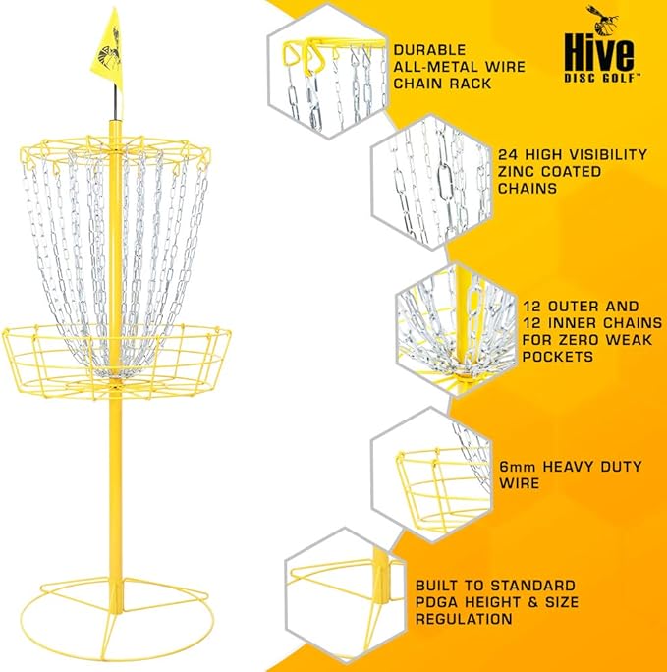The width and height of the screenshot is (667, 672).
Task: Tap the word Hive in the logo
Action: (x=599, y=52)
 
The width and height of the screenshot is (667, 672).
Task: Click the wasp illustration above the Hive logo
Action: (x=603, y=21)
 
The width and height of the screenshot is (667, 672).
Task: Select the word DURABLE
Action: (x=429, y=50)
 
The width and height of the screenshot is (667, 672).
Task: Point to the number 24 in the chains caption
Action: (x=508, y=154)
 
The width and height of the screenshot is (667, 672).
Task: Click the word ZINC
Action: (x=516, y=171)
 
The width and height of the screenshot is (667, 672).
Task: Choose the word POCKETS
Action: (x=558, y=357)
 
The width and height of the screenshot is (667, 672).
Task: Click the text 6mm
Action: (x=518, y=467)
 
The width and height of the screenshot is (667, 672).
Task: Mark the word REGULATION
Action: (x=464, y=619)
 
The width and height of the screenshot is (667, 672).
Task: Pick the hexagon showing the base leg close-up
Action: (x=345, y=599)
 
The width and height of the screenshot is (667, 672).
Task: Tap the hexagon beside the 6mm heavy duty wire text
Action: (x=431, y=475)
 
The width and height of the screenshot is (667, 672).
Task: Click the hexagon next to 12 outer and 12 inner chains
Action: (x=457, y=330)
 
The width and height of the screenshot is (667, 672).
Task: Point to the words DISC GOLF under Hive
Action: (x=602, y=78)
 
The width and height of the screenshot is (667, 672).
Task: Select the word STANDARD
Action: (x=533, y=586)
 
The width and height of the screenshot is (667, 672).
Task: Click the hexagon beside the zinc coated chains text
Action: (x=431, y=182)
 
